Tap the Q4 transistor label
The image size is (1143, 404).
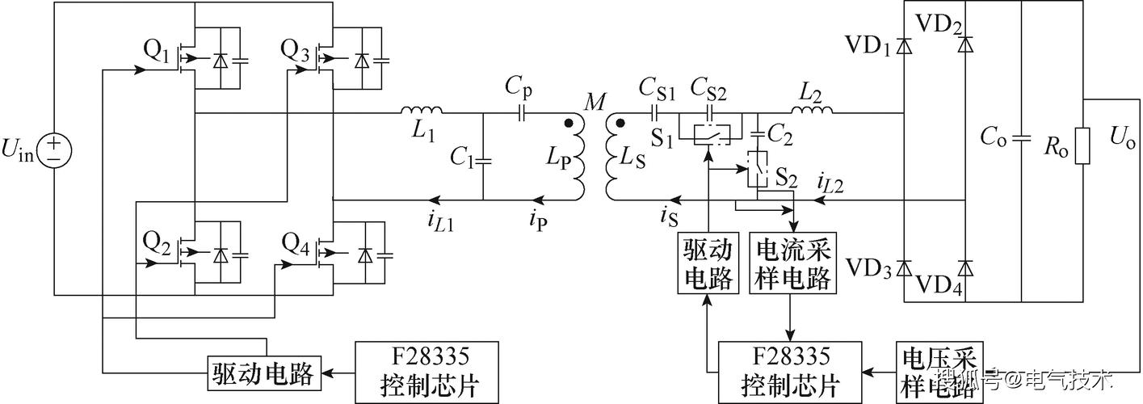296,242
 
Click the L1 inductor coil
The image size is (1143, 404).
420,112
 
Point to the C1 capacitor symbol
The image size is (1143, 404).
482,160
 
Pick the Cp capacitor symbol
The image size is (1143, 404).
521,113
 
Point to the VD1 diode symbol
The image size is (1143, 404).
905,47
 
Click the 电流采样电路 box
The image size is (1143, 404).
793,264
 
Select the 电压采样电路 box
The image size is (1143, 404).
939,372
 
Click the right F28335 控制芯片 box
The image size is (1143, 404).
789,372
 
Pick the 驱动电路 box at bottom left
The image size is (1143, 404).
264,372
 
